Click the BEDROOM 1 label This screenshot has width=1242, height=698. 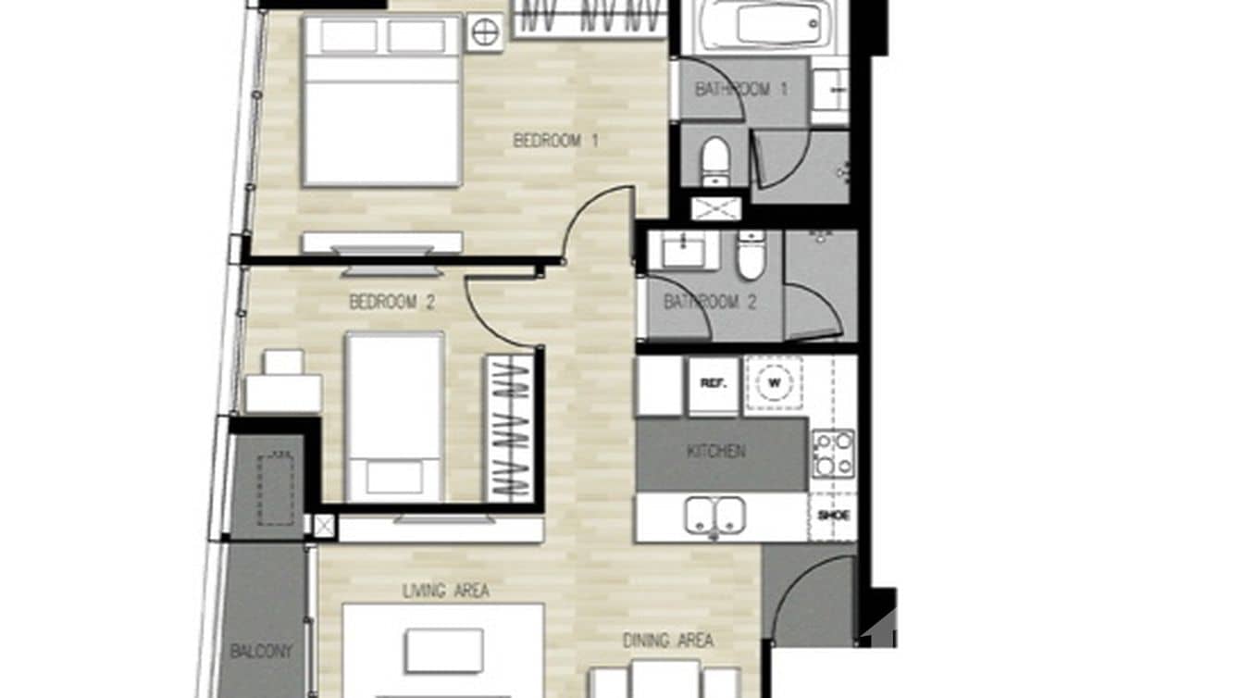(x=555, y=141)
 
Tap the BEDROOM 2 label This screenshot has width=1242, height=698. (x=391, y=302)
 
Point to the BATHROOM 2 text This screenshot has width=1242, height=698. (x=710, y=302)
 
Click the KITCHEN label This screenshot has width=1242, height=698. (x=715, y=452)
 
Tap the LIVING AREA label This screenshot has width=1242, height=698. (x=446, y=591)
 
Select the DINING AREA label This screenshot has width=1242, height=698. (x=667, y=641)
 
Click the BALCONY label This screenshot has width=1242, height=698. (x=261, y=651)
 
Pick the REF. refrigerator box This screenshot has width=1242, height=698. (x=713, y=383)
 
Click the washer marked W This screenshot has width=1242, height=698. (x=773, y=382)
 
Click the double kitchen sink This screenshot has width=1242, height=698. (x=715, y=516)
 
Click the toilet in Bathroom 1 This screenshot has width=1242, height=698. (x=714, y=163)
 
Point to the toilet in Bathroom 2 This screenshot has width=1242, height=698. (x=751, y=256)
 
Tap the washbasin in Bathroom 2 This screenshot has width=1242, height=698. (x=683, y=249)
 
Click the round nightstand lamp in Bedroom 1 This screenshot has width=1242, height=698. (x=484, y=32)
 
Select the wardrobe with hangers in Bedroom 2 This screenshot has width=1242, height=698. (x=509, y=428)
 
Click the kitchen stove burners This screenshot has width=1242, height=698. (x=833, y=454)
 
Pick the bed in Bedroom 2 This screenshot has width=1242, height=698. (x=394, y=417)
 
